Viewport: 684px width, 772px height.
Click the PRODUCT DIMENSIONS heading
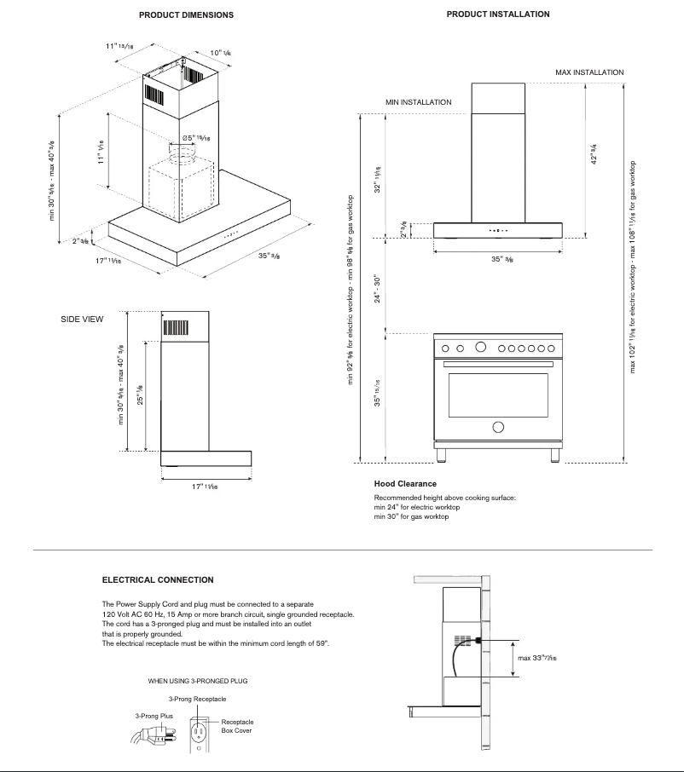pyautogui.click(x=186, y=15)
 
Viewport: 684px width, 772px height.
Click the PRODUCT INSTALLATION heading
pyautogui.click(x=498, y=14)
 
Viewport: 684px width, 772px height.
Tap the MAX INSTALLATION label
pyautogui.click(x=589, y=73)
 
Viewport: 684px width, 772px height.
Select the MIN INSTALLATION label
pyautogui.click(x=418, y=102)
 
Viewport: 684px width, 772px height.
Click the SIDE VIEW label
pyautogui.click(x=82, y=320)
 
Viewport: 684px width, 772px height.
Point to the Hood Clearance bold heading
pyautogui.click(x=405, y=484)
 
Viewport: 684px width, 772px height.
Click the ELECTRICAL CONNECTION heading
pyautogui.click(x=158, y=580)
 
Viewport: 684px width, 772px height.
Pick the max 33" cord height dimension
pyautogui.click(x=537, y=658)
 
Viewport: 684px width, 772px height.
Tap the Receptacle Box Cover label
pyautogui.click(x=237, y=726)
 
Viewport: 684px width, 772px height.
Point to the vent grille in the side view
pyautogui.click(x=176, y=328)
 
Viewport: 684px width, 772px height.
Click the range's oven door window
pyautogui.click(x=497, y=394)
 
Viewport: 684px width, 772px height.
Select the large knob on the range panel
pyautogui.click(x=481, y=348)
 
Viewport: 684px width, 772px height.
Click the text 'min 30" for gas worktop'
pyautogui.click(x=411, y=517)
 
